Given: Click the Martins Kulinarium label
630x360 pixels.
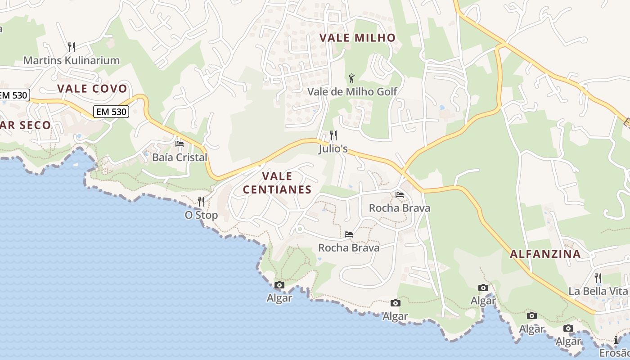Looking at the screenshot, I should (71, 60).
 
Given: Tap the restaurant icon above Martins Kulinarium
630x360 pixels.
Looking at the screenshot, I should (71, 47).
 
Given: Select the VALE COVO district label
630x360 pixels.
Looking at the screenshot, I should (92, 89).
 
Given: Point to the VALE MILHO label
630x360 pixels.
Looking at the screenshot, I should (357, 38).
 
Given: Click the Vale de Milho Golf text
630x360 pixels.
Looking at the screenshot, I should (352, 92).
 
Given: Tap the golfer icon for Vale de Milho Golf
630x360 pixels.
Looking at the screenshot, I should (351, 78).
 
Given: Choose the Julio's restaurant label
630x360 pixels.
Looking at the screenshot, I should (333, 148).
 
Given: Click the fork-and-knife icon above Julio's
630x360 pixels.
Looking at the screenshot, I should (333, 135).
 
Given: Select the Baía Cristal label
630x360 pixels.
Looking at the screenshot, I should (180, 157).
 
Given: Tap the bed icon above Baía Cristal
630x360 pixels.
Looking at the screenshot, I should (180, 144).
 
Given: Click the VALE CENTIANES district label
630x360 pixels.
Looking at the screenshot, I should (277, 183).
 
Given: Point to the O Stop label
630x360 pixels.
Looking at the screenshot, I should (201, 215).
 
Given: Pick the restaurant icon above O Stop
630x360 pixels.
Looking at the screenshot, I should (201, 201).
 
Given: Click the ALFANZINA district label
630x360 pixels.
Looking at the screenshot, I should (545, 254).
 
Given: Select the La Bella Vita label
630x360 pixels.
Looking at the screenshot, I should (598, 291).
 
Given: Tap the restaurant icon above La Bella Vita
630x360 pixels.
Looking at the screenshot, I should (598, 278).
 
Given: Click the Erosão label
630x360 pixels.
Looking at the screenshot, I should (615, 353).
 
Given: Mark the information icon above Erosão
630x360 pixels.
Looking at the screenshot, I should (616, 340).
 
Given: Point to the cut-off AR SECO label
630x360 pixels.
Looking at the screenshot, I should (25, 125).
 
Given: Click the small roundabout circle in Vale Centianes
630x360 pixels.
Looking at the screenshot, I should (299, 230).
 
